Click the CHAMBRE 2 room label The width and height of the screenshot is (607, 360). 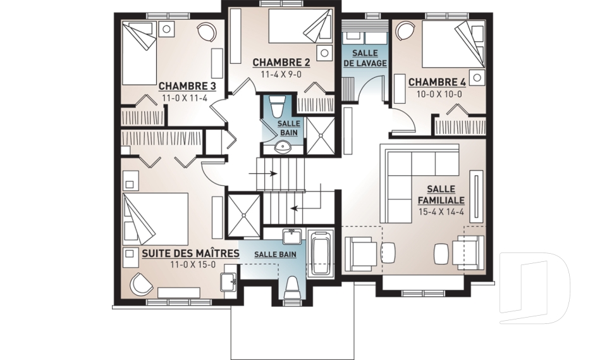[281, 63]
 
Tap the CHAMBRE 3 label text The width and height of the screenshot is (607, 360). [187, 85]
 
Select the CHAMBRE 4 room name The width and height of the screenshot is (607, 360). [437, 82]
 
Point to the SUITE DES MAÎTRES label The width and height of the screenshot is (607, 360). [190, 254]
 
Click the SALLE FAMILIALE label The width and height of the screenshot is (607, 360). [441, 195]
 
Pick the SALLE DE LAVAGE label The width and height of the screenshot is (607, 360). [365, 58]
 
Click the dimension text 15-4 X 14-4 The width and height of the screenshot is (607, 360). [441, 212]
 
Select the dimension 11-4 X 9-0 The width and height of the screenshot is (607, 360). [281, 74]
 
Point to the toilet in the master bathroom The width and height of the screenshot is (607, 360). [292, 289]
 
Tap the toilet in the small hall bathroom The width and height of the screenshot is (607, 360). [277, 106]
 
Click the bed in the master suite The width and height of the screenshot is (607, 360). [155, 219]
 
